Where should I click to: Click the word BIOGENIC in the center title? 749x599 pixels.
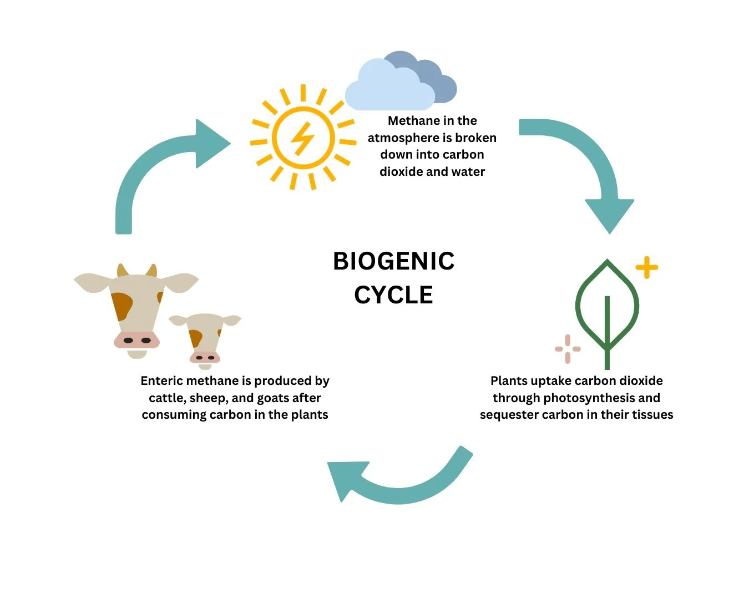393,261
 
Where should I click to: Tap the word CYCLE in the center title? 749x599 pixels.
393,295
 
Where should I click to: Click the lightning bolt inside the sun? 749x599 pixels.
303,138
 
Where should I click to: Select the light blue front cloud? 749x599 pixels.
388,89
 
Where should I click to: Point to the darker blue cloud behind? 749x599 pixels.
438,78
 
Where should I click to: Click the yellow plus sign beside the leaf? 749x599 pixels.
646,268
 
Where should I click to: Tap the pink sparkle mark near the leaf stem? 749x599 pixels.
568,349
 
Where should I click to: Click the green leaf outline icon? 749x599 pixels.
607,311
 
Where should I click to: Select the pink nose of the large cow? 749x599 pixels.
136,339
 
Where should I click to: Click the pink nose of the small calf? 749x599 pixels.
205,357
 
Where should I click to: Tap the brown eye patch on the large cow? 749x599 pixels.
122,306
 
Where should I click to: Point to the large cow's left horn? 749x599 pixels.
123,271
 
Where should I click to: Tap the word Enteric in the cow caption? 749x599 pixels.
161,380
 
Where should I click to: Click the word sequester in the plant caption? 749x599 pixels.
505,415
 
